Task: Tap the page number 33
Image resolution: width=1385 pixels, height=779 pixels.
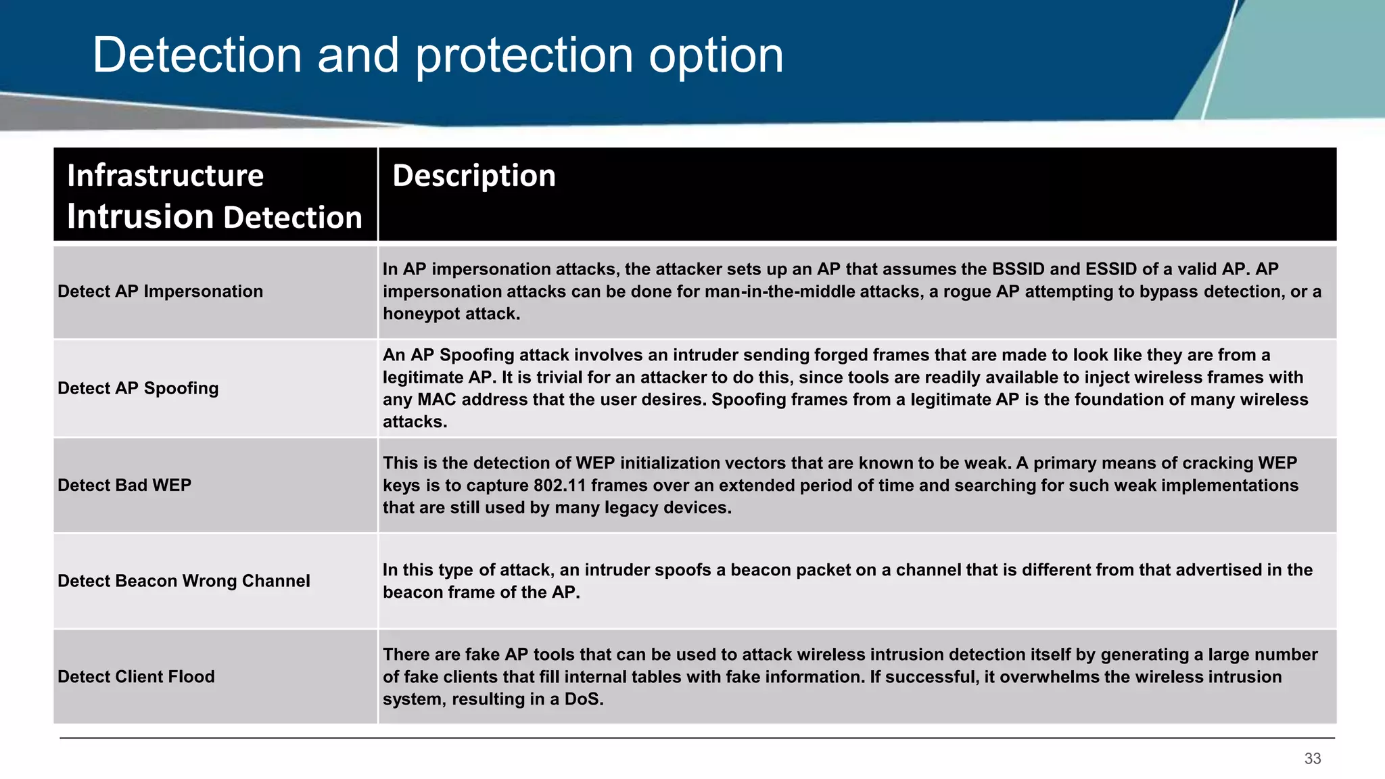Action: tap(1313, 759)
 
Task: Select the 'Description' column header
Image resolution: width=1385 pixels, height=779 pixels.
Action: tap(474, 176)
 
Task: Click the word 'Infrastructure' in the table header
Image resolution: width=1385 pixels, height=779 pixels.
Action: tap(165, 176)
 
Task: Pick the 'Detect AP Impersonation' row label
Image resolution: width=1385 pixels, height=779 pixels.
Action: tap(160, 291)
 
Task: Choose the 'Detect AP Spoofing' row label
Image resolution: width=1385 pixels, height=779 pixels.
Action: tap(138, 388)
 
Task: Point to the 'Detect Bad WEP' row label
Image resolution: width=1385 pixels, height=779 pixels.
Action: tap(124, 485)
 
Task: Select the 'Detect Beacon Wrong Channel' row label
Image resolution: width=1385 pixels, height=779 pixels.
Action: tap(184, 581)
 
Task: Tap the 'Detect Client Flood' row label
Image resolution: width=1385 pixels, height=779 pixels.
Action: tap(136, 677)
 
